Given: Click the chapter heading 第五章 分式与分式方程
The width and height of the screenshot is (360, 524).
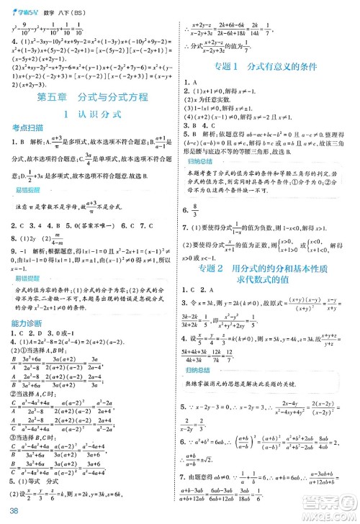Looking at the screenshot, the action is (92, 96).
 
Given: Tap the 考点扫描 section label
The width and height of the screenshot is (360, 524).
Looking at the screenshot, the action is (27, 127).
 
